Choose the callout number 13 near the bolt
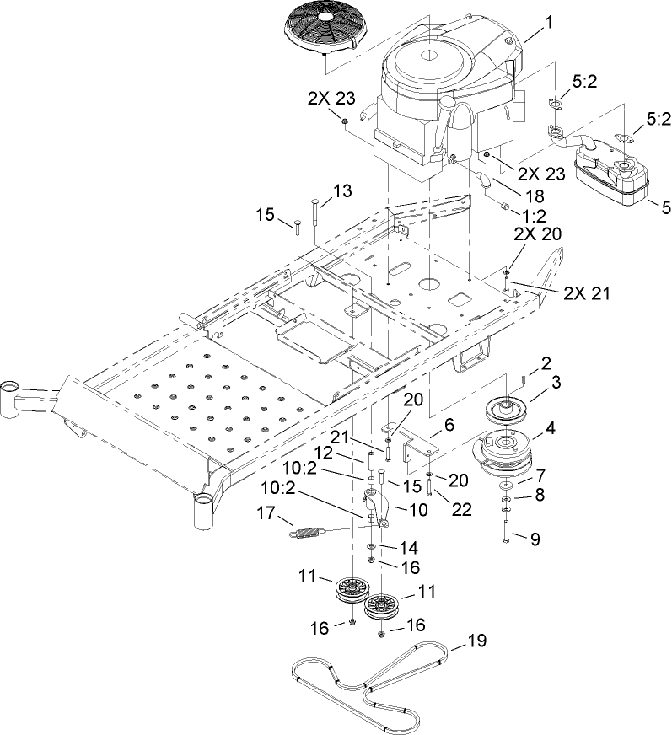[318, 191]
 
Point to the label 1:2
[530, 216]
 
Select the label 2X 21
[585, 293]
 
